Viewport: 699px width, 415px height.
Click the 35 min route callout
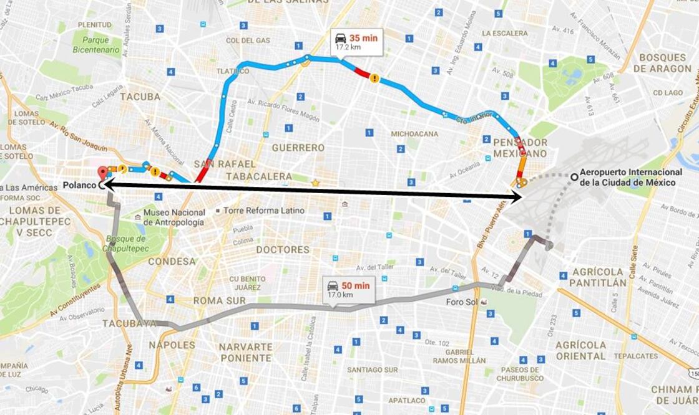[356, 41]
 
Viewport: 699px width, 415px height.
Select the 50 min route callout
[349, 289]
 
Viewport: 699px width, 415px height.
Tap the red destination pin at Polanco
[102, 173]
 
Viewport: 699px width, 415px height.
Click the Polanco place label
[80, 185]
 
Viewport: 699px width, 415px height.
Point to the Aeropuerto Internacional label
[631, 177]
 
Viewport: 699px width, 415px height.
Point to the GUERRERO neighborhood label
[298, 148]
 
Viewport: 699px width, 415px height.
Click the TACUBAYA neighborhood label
[129, 323]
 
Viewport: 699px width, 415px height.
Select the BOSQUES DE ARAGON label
[662, 63]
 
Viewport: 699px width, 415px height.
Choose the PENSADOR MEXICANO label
[519, 147]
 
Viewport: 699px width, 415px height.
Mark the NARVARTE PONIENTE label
[245, 352]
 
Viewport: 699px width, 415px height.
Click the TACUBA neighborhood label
[140, 97]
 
